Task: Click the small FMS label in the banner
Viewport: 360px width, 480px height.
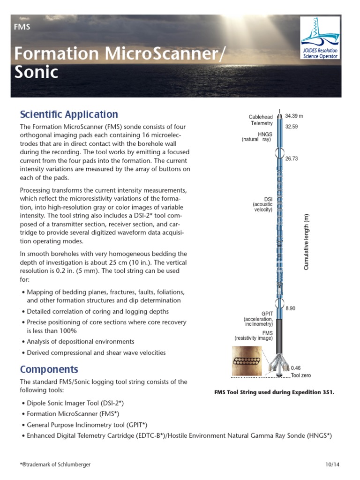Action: click(22, 27)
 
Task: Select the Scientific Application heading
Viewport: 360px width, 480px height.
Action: click(68, 114)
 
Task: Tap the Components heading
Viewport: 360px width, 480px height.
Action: click(49, 369)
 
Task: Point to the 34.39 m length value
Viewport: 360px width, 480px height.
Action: click(294, 116)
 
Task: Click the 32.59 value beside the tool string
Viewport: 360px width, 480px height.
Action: click(292, 126)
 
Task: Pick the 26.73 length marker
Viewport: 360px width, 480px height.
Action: click(292, 158)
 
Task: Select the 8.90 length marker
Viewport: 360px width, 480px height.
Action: click(291, 308)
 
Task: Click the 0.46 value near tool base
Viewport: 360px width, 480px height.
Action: click(296, 368)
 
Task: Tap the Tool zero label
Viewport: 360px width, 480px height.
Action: click(300, 375)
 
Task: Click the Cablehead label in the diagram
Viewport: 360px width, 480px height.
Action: click(261, 117)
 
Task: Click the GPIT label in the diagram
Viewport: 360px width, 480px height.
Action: click(267, 314)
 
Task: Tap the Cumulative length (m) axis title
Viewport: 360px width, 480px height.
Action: click(307, 242)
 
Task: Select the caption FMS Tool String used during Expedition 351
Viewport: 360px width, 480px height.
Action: click(274, 392)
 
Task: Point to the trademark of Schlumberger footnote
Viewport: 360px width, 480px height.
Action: click(55, 464)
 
